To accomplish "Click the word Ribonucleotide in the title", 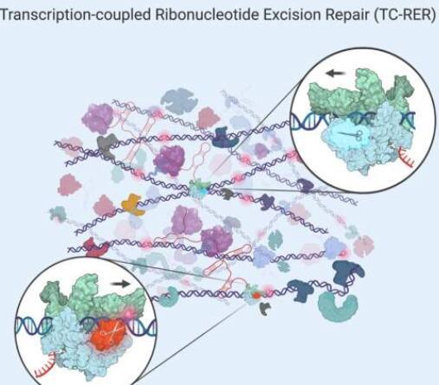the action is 206,15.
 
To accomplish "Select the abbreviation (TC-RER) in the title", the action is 404,15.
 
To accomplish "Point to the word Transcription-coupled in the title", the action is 75,16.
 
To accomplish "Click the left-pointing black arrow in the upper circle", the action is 336,74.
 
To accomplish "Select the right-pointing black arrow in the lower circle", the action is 120,284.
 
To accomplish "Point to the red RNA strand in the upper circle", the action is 406,158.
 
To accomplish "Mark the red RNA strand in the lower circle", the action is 45,366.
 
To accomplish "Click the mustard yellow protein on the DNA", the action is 133,205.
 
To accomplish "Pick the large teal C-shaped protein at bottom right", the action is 338,305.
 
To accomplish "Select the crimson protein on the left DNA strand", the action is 95,247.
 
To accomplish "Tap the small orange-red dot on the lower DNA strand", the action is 256,296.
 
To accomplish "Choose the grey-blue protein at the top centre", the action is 179,101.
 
